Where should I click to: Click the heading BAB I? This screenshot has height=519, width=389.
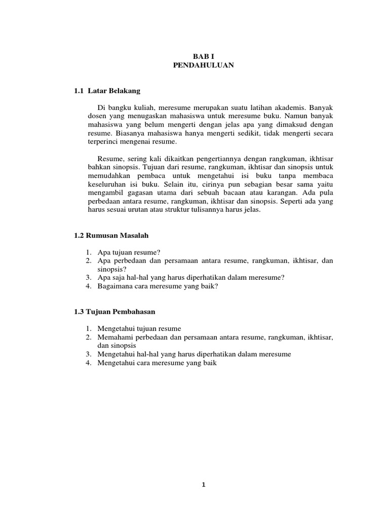pos(202,57)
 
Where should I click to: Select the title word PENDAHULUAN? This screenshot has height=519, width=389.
pos(202,66)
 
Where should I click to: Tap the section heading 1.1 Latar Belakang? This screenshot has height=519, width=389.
pos(106,91)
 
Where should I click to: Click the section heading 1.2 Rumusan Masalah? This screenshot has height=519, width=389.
pos(111,236)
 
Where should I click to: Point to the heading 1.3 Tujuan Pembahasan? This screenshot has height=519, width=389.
pos(113,311)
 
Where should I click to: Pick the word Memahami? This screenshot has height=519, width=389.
pos(112,337)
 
